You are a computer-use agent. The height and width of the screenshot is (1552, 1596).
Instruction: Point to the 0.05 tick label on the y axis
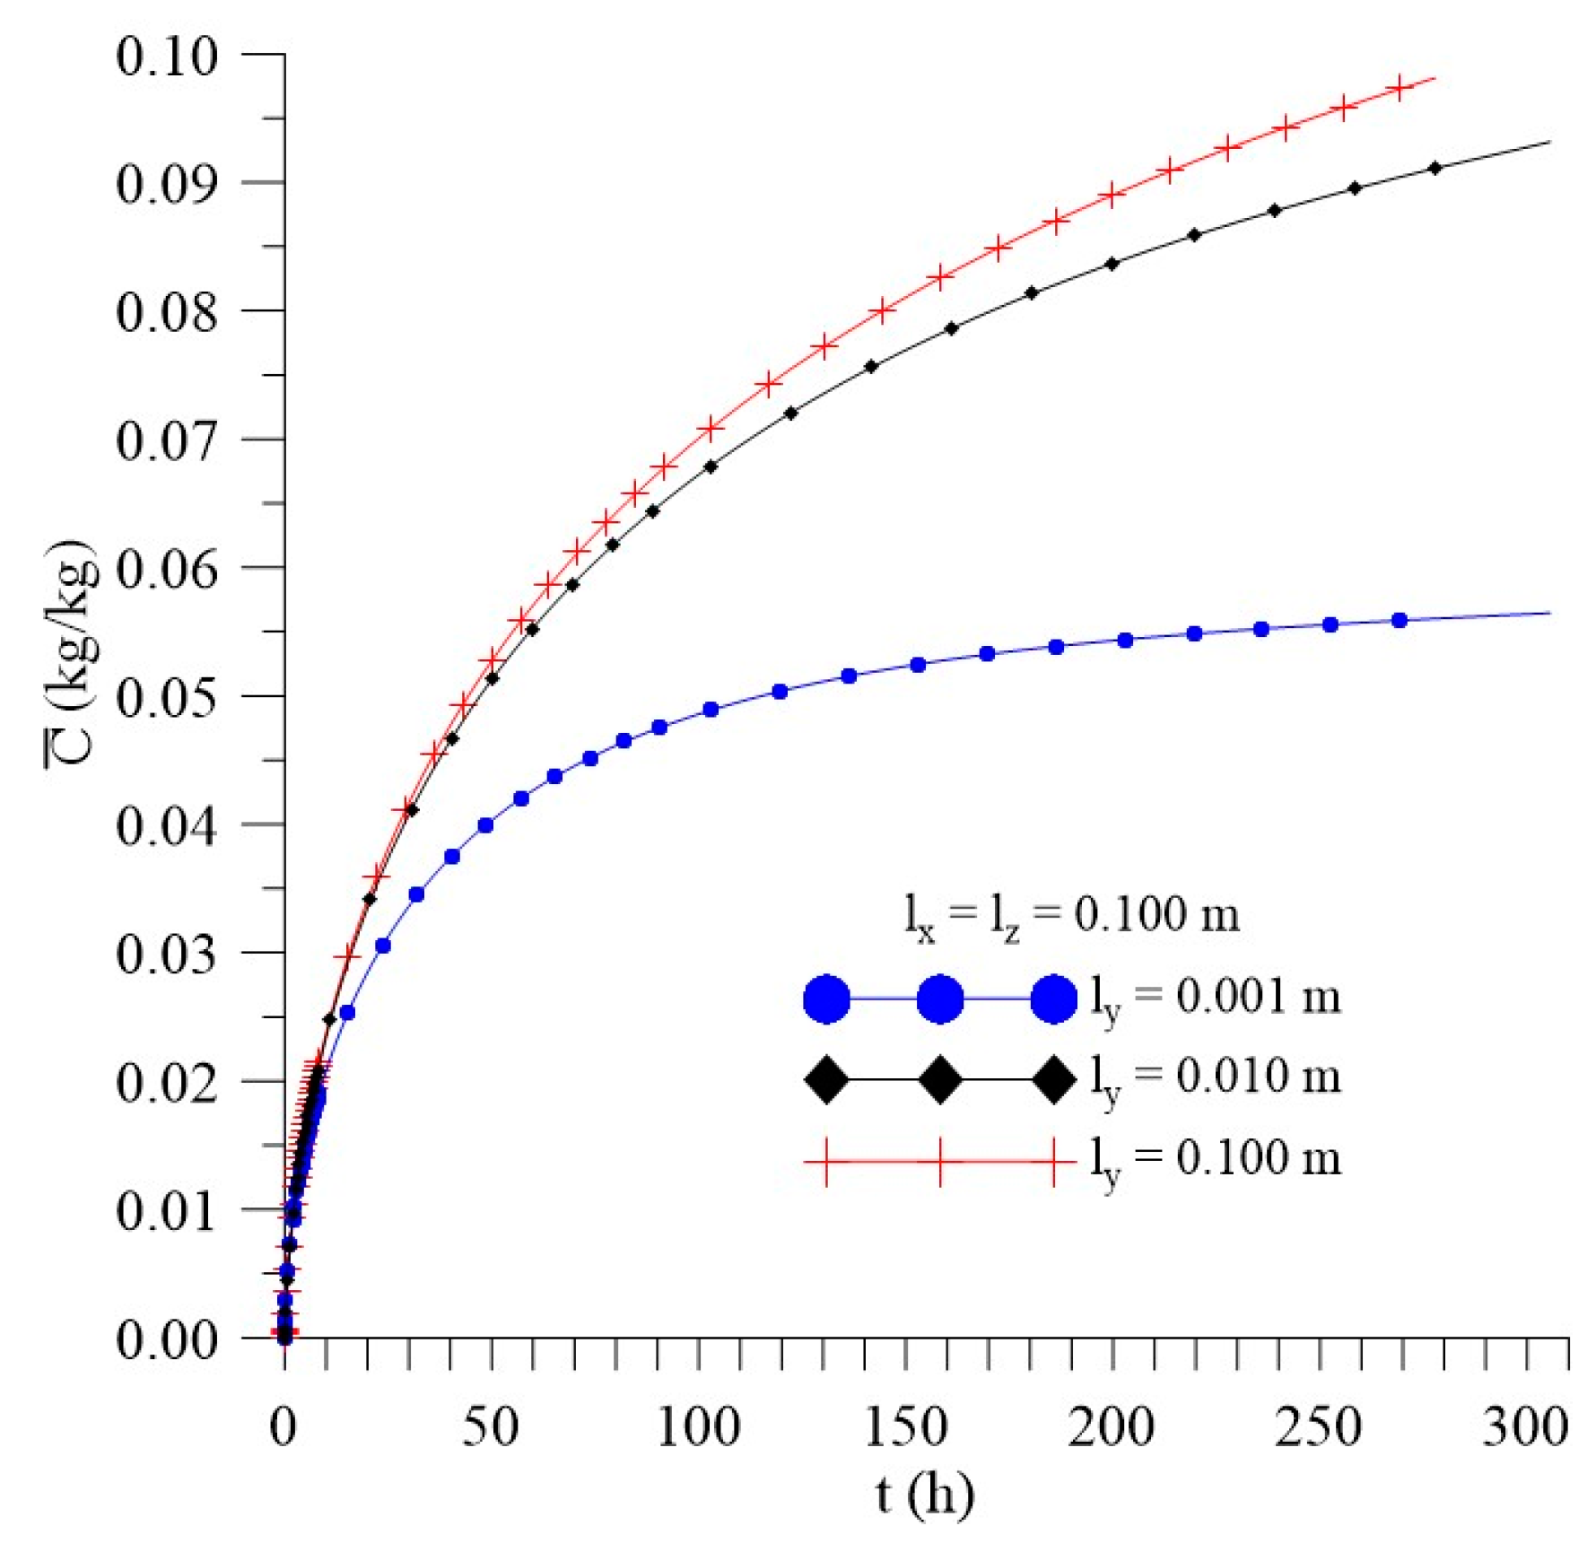(167, 697)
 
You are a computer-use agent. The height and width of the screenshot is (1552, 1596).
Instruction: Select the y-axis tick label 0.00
(167, 1339)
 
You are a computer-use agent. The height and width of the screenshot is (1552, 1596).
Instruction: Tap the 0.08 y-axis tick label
(167, 312)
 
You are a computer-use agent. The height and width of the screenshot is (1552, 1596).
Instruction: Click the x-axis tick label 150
(905, 1426)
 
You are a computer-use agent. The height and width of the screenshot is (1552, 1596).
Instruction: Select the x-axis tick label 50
(490, 1426)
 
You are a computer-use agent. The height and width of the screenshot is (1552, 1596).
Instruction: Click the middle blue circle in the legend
(940, 998)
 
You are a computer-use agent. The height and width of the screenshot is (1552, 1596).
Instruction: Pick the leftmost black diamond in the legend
(826, 1079)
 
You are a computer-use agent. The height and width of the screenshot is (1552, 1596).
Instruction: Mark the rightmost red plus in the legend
(1054, 1161)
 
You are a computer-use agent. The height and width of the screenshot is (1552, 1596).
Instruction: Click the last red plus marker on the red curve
(1400, 88)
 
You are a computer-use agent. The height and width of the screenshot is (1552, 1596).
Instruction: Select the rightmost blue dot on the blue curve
(1400, 620)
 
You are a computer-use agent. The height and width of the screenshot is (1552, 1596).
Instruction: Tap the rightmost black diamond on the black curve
(1435, 168)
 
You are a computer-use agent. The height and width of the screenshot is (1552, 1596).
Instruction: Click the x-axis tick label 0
(283, 1426)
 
